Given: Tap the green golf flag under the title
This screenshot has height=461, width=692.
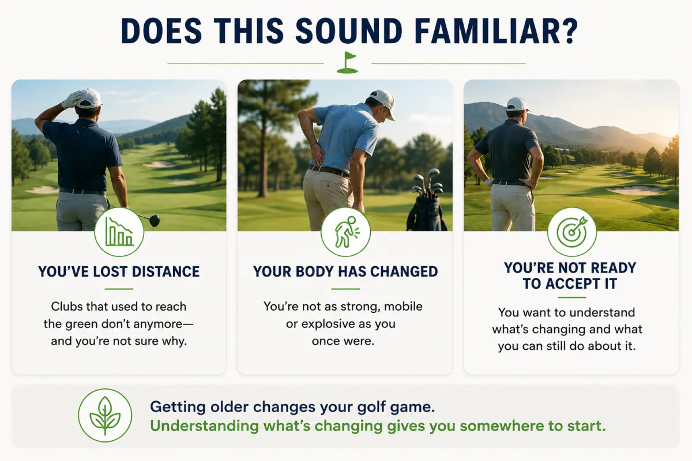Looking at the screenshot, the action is pos(347,62).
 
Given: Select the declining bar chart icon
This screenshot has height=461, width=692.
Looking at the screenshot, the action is pos(119,231).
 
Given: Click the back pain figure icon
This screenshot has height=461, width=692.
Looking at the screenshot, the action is pos(345,232).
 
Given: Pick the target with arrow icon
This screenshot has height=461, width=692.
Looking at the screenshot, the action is pos(572,232).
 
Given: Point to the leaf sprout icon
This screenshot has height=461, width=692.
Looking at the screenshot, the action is pos(105,415).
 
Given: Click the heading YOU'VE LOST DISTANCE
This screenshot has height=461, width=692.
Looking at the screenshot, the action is pos(119,272).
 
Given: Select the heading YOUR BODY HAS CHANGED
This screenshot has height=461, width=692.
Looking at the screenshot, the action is pos(345,272).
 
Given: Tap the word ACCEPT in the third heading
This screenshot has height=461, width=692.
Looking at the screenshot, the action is pos(574,284).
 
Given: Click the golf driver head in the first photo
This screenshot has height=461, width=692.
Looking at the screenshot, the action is pos(154,221).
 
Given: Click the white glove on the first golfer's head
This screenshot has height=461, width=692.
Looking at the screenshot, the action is pos(72,100).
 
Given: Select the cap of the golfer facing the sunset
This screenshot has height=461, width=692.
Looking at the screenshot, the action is pos(518,104).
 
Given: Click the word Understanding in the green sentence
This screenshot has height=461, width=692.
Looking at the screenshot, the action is pos(204,426).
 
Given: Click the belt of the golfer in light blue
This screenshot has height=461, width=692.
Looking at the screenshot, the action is pos(328,171).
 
